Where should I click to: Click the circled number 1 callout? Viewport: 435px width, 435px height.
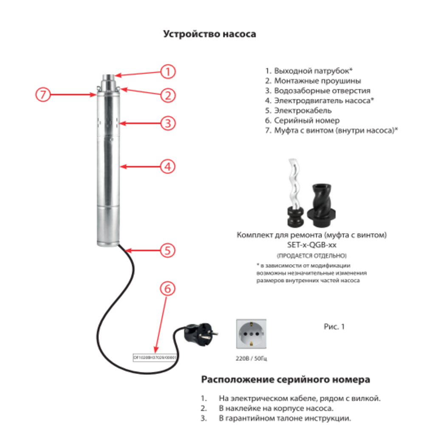[x=168, y=71]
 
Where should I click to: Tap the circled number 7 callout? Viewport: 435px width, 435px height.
[x=42, y=94]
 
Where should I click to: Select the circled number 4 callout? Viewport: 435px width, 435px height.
[x=168, y=167]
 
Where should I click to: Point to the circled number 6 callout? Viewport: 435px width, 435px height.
[x=168, y=289]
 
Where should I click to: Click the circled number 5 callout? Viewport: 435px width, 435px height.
[x=168, y=250]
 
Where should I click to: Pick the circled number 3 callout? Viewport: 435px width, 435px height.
[x=168, y=124]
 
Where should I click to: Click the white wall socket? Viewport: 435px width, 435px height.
[x=251, y=334]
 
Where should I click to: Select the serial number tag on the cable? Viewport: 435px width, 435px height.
[x=155, y=358]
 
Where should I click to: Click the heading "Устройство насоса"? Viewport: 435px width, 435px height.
[x=209, y=34]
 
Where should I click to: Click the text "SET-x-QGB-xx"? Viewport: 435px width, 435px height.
[x=311, y=245]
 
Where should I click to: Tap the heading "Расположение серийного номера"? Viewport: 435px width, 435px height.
[x=285, y=379]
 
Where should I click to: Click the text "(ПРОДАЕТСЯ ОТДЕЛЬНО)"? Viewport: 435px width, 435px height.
[x=311, y=256]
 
